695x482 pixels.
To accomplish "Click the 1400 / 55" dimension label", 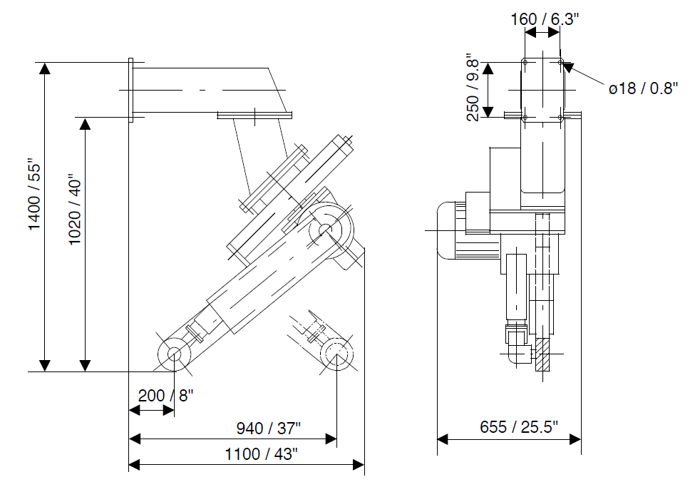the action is pos(35,194).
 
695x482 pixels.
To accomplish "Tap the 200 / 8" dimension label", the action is pos(166,395).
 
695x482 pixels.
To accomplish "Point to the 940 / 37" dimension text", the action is pos(269,429).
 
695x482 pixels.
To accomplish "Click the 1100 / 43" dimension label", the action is pos(262,454).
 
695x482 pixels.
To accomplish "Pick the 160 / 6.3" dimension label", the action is pos(545,19).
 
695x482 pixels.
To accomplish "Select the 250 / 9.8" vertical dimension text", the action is pos(473,88).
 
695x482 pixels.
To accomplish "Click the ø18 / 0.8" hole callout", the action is pos(643,88).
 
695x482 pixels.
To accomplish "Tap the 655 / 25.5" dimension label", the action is pos(519,426).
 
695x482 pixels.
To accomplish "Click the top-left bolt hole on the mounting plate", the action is pos(525,63).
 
